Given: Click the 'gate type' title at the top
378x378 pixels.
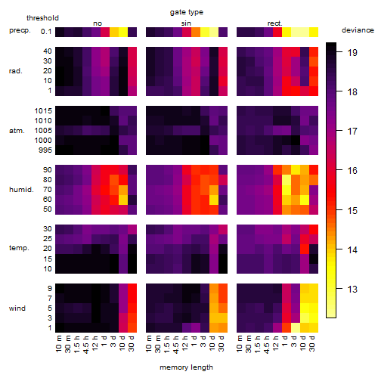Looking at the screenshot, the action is click(x=187, y=12).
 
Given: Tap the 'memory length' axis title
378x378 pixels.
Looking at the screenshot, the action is click(x=186, y=367).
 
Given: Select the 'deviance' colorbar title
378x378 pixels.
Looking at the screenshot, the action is click(x=358, y=30).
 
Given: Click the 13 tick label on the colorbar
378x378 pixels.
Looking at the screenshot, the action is click(x=352, y=289).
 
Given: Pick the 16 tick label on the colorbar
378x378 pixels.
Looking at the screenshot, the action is click(x=352, y=171).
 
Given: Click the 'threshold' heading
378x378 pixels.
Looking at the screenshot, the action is click(x=42, y=18).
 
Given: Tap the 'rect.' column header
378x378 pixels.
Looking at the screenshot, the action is click(x=274, y=23).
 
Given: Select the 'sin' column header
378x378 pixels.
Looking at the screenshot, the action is click(x=186, y=23).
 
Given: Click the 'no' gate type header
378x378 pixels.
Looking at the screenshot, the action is click(x=98, y=23).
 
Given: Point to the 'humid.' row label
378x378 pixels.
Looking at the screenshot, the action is click(x=21, y=190).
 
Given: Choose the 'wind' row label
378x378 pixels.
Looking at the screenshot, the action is click(x=17, y=308).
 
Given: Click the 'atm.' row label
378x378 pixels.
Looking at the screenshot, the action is click(x=17, y=131).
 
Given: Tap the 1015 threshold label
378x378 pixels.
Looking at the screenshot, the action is click(x=43, y=111).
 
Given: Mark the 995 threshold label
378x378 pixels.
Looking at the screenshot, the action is click(x=45, y=150).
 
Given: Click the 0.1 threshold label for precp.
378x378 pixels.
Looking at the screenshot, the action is click(x=46, y=32).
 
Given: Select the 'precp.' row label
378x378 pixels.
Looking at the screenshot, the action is click(x=20, y=30).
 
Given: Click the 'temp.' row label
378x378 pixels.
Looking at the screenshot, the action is click(x=19, y=248).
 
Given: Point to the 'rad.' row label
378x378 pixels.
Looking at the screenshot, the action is click(x=16, y=71).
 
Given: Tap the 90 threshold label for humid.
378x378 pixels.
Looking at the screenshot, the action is click(x=48, y=170).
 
